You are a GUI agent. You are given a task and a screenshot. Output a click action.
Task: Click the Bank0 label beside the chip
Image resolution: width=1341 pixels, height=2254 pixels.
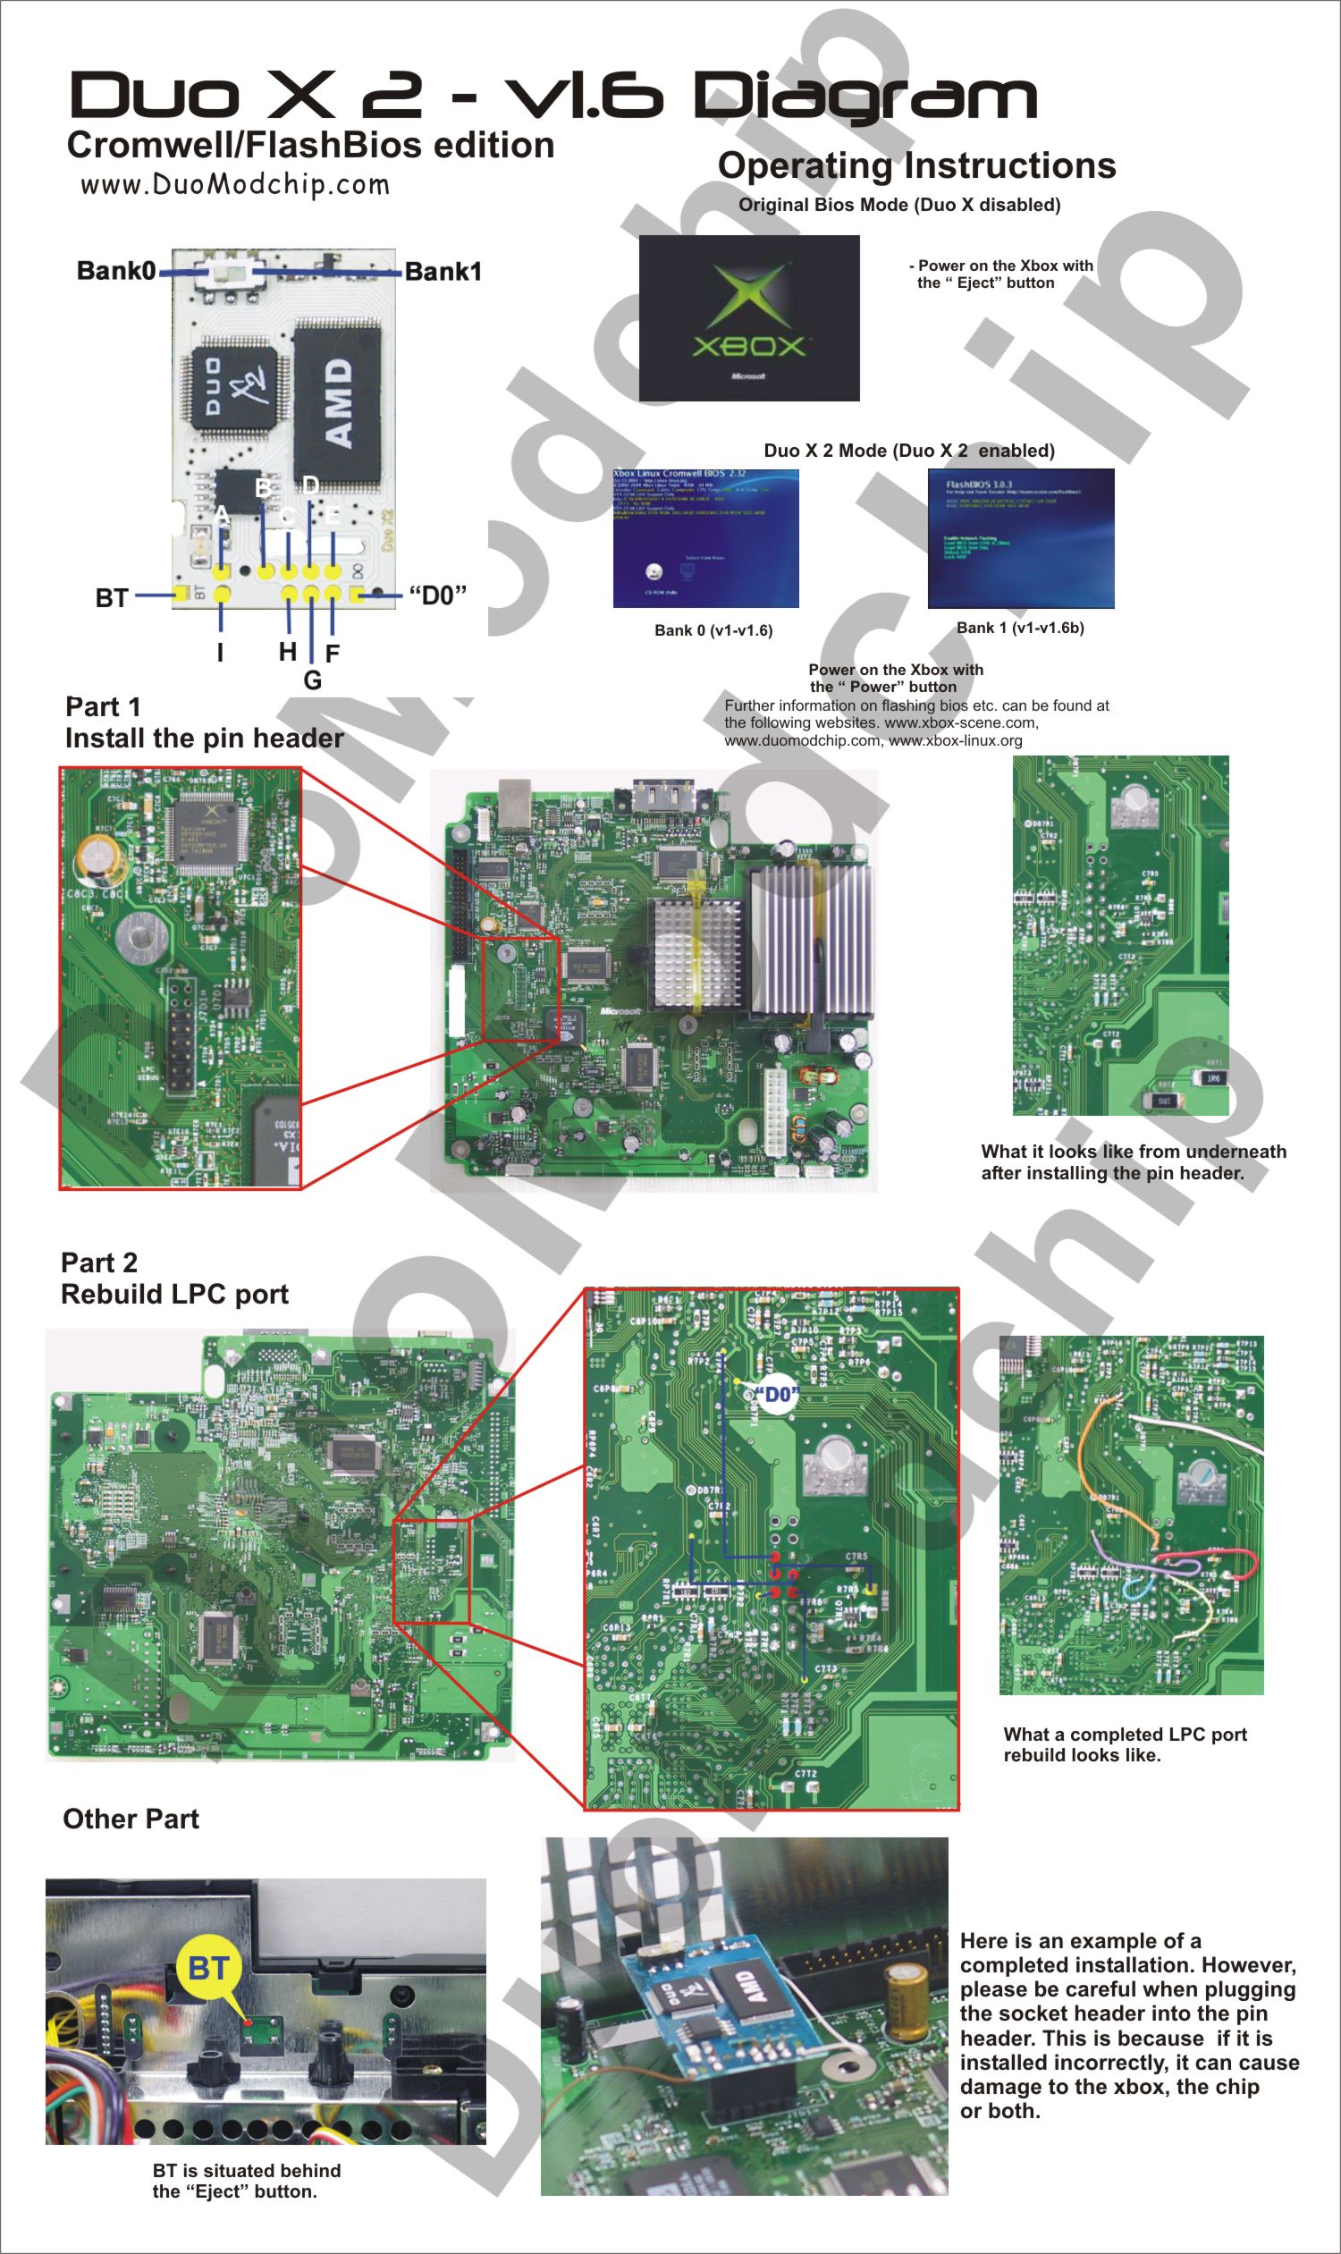(115, 270)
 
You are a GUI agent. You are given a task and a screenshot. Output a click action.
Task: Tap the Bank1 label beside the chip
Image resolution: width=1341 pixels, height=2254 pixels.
(443, 271)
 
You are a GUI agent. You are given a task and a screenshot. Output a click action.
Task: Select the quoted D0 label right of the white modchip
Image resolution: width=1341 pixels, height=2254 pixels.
(437, 595)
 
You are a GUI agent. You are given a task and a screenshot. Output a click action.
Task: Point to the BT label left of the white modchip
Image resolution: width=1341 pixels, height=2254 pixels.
(111, 598)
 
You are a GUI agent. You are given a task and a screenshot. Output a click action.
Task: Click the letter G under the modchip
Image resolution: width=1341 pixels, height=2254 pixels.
(313, 680)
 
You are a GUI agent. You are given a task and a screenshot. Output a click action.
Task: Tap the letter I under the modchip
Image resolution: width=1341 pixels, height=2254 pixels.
(220, 653)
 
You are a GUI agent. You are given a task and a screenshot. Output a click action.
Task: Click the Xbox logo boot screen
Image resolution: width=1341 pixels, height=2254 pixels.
(749, 318)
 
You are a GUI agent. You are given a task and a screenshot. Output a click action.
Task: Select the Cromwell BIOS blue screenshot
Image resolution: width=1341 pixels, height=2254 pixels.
(705, 537)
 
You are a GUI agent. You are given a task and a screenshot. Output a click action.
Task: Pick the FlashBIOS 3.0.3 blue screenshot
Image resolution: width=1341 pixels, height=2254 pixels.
(1020, 537)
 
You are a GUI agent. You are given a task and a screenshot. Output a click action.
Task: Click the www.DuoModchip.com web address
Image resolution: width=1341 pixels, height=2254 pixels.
(235, 184)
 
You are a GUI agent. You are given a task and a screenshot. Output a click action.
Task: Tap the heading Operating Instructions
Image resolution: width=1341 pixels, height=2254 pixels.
(916, 165)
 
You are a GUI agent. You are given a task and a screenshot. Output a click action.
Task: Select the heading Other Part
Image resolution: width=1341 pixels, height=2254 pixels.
(131, 1819)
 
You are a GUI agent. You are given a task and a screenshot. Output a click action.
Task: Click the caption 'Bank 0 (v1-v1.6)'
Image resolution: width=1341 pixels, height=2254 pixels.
(713, 630)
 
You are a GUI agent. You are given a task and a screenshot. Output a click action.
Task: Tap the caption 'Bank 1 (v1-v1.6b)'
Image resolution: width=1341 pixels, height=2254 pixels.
(1020, 628)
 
